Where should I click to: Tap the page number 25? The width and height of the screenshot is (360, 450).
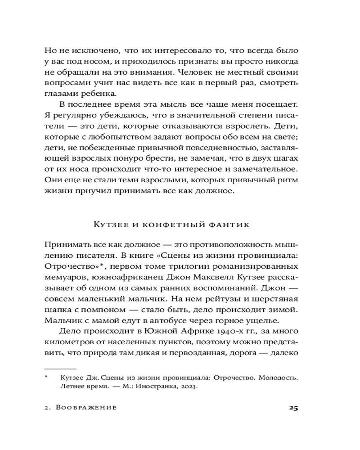pyautogui.click(x=293, y=408)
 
